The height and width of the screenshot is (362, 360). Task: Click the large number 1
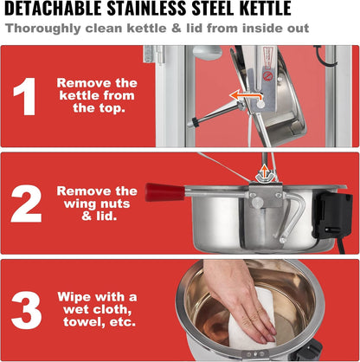tap(26, 96)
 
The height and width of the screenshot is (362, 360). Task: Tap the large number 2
tap(26, 204)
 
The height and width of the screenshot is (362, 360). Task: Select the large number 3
tap(26, 311)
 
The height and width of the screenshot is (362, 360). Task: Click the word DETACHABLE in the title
tap(53, 9)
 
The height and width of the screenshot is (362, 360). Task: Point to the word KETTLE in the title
tap(266, 9)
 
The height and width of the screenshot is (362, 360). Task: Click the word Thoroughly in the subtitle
tap(43, 29)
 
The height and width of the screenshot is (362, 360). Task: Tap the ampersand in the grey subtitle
tap(177, 29)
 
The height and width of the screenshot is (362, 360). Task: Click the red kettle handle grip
tap(164, 191)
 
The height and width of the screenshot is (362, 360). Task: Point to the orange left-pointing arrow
tap(245, 96)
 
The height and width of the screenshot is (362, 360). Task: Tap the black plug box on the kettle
tap(333, 215)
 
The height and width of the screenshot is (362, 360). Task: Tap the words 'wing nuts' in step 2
tap(97, 204)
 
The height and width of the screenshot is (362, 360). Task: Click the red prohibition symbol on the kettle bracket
tap(267, 76)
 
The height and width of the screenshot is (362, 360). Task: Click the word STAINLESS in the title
tap(145, 9)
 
